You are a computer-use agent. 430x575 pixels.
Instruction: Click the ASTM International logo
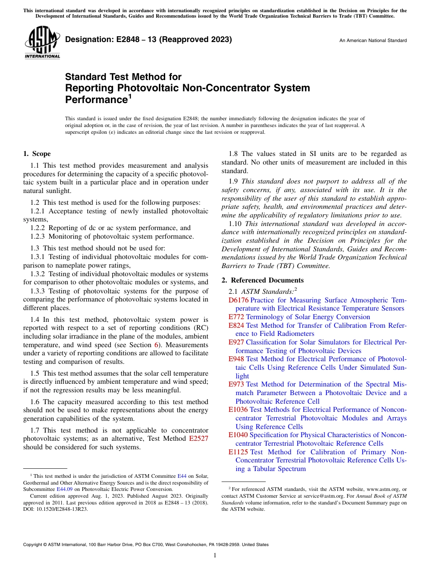pyautogui.click(x=42, y=42)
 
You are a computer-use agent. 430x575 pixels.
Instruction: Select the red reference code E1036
pyautogui.click(x=238, y=410)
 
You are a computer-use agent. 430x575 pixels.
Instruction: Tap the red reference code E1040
pyautogui.click(x=238, y=435)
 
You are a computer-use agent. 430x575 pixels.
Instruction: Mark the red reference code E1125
pyautogui.click(x=238, y=452)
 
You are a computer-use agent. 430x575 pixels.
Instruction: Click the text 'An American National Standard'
pyautogui.click(x=373, y=40)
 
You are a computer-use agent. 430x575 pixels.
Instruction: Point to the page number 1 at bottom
pyautogui.click(x=215, y=556)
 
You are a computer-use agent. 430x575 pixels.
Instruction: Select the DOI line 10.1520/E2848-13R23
pyautogui.click(x=56, y=509)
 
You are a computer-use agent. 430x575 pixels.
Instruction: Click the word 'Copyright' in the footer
pyautogui.click(x=33, y=545)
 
